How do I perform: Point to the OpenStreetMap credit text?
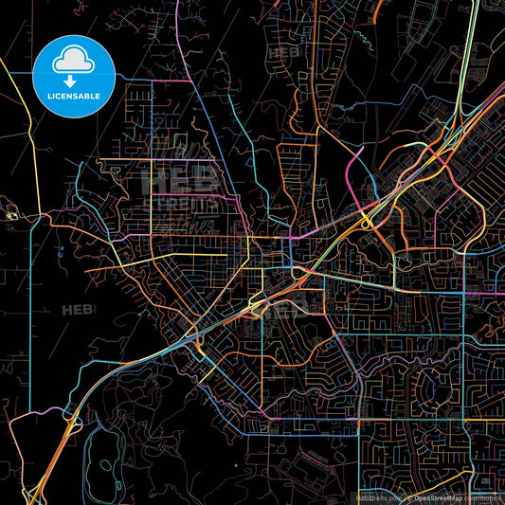pos(446,496)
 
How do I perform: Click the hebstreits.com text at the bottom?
pos(376,496)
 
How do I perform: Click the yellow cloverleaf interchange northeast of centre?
pos(366,223)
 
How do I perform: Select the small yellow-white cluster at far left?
pos(11,216)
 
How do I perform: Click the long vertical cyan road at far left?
pos(30,313)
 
